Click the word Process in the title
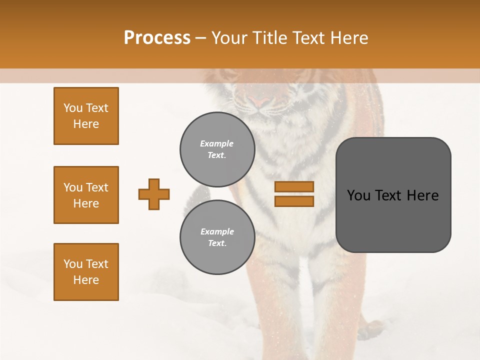(157, 38)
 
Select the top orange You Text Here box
(86, 116)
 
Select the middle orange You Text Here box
(86, 195)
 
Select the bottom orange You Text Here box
(86, 272)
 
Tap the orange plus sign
(154, 194)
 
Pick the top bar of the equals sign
(294, 186)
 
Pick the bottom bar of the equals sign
(294, 201)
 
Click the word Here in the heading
(350, 38)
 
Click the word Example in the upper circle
(217, 143)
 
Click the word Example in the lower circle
(217, 231)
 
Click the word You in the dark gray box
(358, 195)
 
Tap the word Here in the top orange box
(86, 124)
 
